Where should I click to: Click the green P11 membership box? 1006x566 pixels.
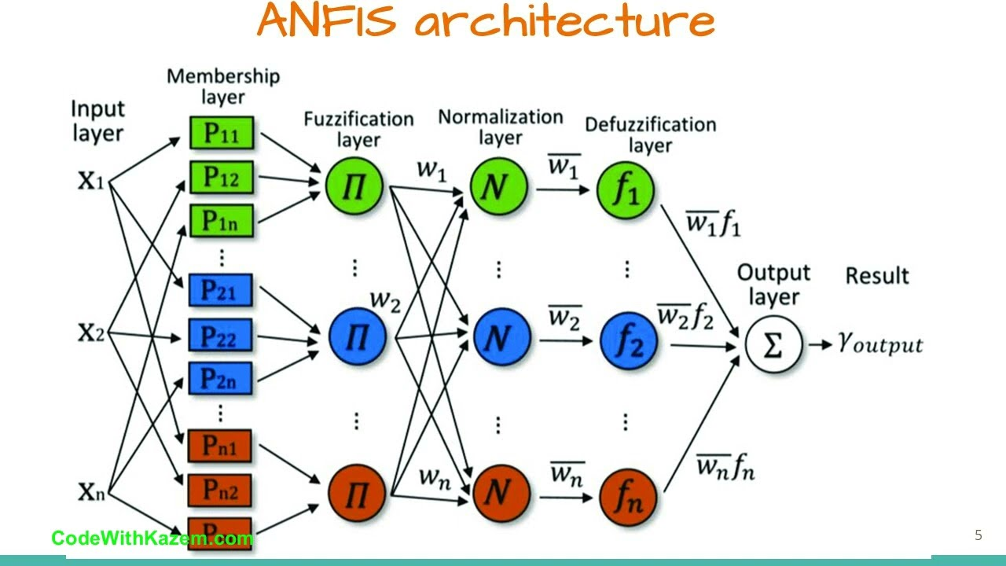[x=221, y=134]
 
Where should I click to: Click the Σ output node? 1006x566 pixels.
[x=773, y=344]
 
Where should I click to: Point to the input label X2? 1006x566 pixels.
[x=91, y=334]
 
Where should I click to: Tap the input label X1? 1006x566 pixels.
[x=91, y=182]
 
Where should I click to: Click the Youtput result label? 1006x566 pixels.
[x=880, y=344]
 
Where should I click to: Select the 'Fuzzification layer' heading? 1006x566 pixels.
[x=358, y=129]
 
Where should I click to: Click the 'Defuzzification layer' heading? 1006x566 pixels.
[x=650, y=134]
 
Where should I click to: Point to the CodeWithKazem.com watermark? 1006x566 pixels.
[x=152, y=538]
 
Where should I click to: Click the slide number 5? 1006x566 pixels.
[x=978, y=536]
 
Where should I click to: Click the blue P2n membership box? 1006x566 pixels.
[x=220, y=378]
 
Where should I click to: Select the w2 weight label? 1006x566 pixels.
[x=385, y=300]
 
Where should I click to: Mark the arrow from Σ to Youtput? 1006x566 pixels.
[x=820, y=344]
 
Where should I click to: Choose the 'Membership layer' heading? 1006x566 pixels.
[x=223, y=86]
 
